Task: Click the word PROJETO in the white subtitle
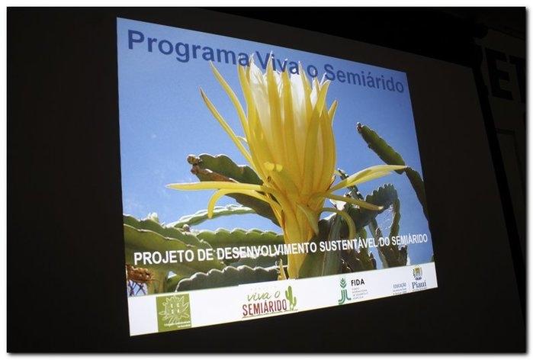163,257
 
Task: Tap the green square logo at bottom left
173,312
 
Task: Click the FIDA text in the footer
357,282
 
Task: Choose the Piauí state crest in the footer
418,272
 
